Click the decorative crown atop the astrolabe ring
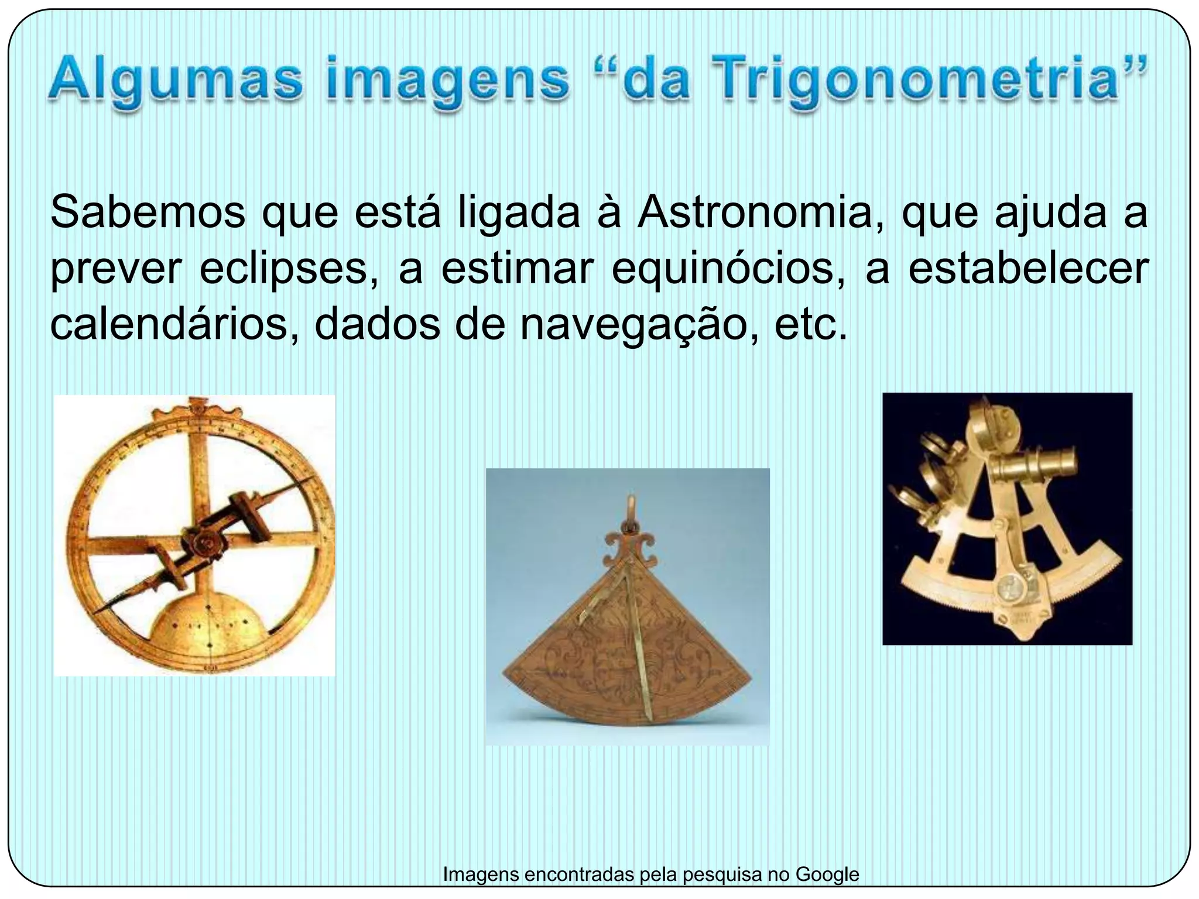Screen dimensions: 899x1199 tap(194, 406)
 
